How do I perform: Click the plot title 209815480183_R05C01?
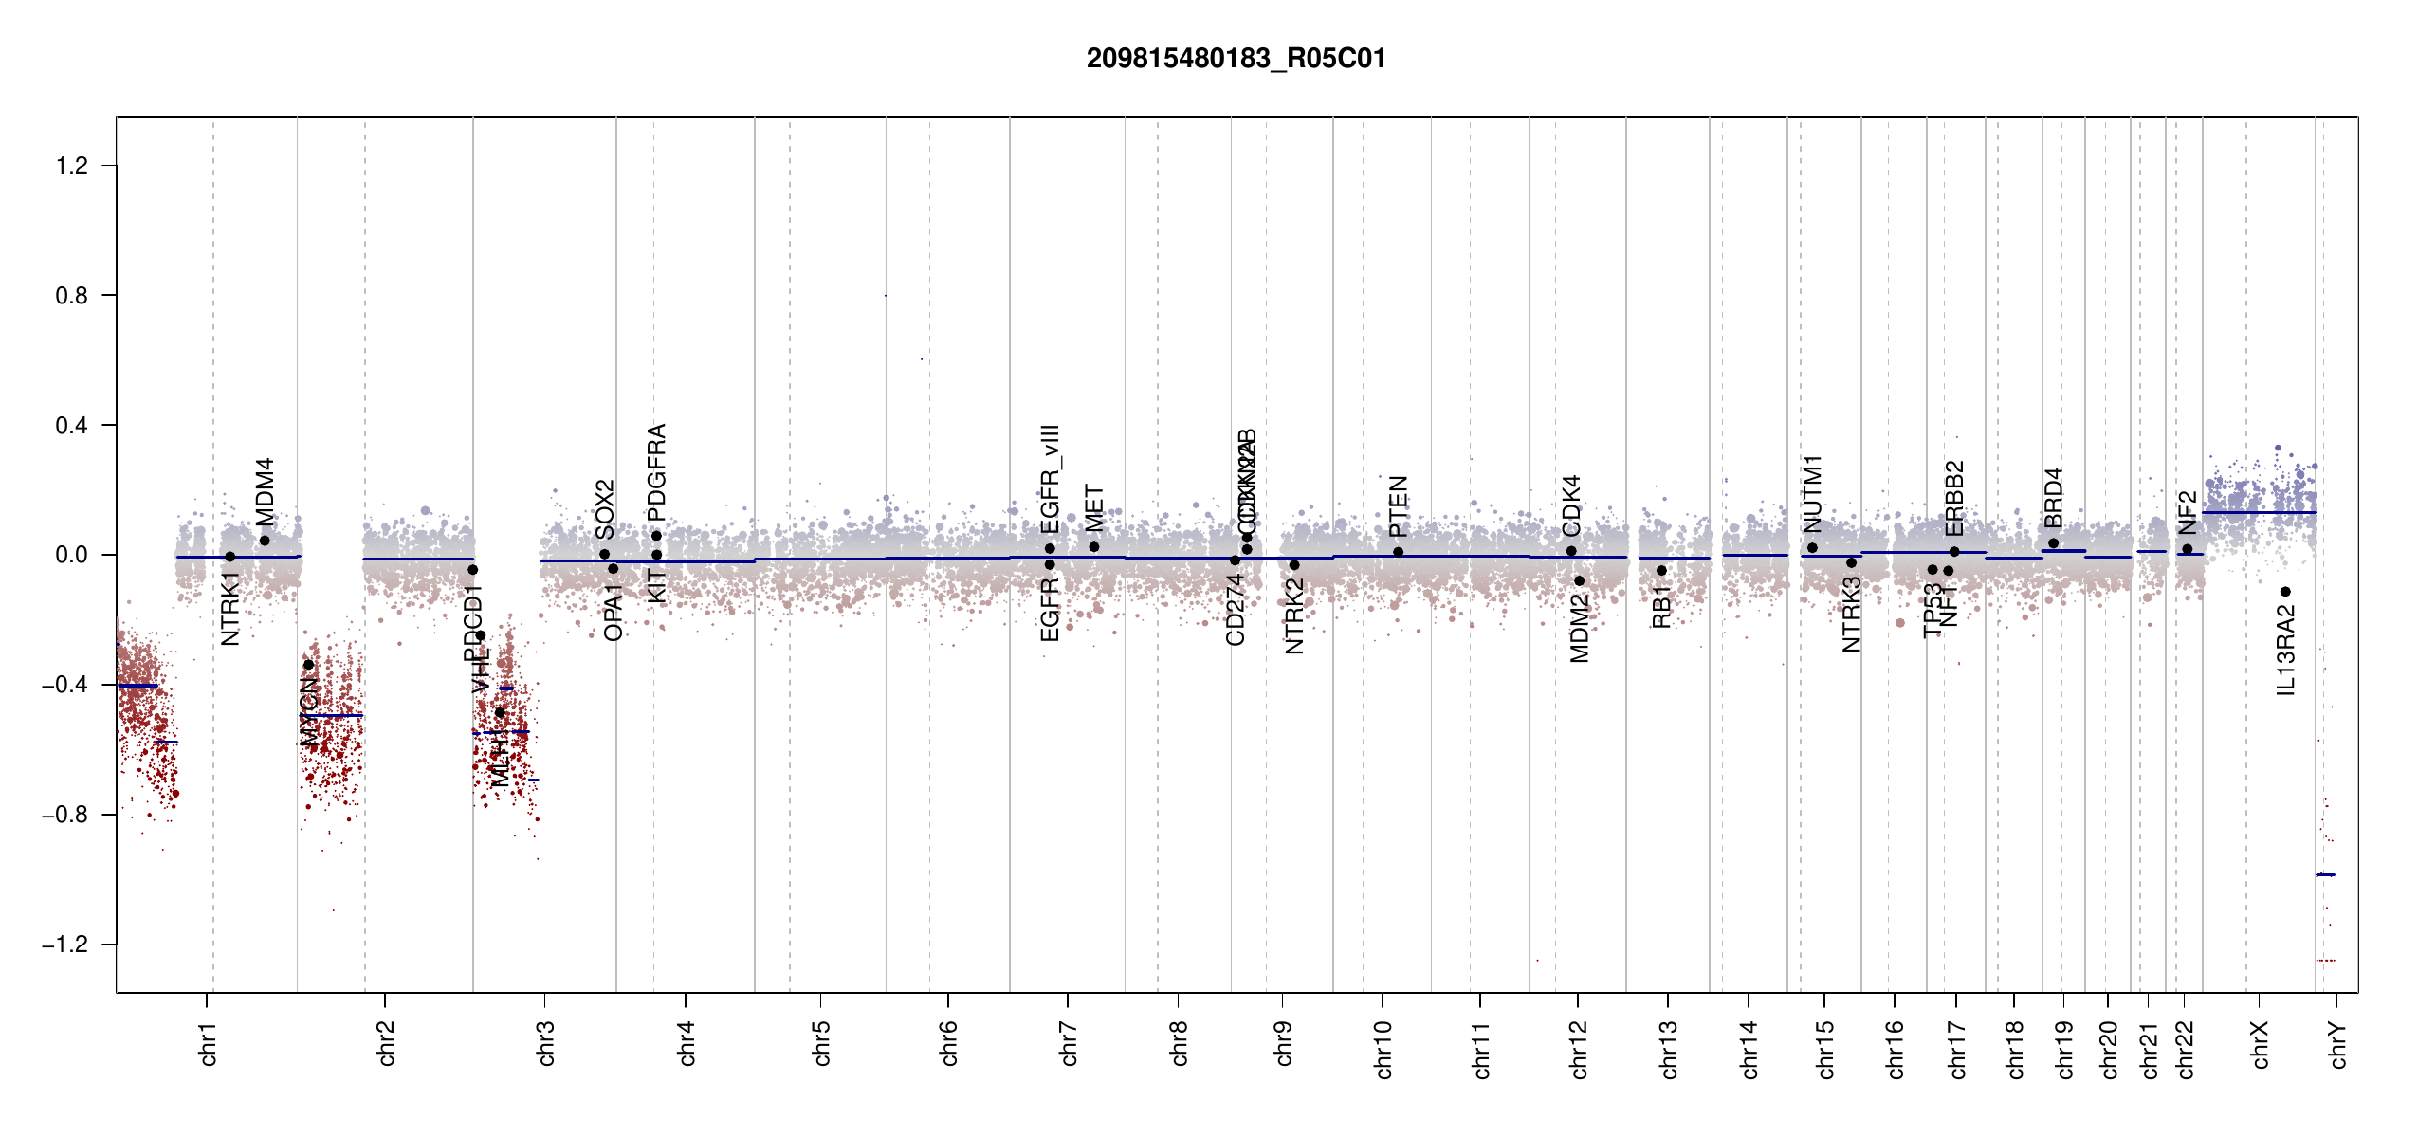1236,59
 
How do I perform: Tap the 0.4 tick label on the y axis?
72,426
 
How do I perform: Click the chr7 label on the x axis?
1069,1043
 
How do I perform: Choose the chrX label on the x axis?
2260,1044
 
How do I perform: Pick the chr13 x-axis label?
1669,1049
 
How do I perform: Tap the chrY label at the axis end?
2337,1044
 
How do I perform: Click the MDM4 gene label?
265,491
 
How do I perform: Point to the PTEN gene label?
1398,506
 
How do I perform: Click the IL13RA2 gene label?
2285,652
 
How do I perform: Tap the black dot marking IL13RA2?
2285,592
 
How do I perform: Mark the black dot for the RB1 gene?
1661,571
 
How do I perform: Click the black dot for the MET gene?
1094,547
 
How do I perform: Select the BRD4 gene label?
2053,498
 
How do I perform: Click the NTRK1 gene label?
230,608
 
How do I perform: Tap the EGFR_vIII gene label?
1050,479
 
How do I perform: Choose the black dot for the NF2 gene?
2188,549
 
